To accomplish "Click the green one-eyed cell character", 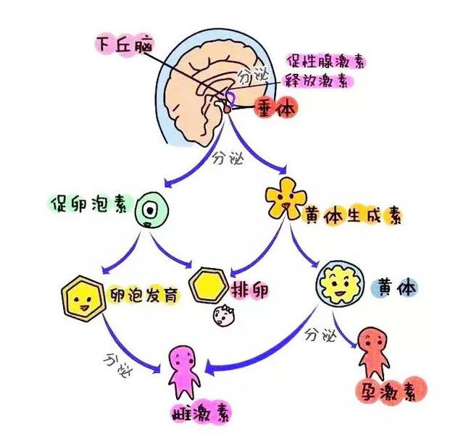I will point(151,210).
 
